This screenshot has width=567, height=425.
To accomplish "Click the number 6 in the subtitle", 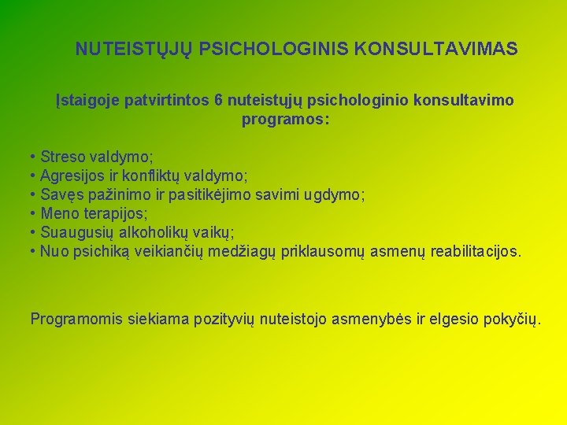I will pyautogui.click(x=218, y=102).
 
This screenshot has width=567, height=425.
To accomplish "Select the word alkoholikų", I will pyautogui.click(x=157, y=232).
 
